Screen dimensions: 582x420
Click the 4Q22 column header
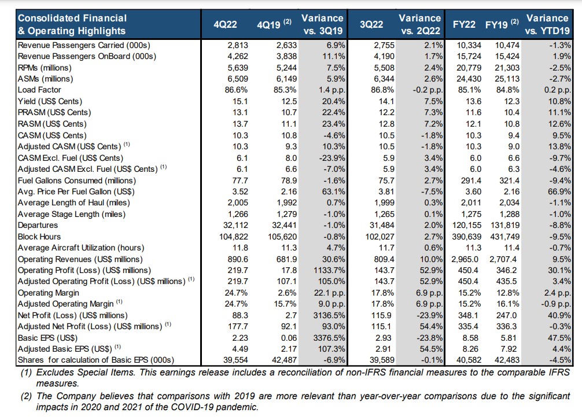225,24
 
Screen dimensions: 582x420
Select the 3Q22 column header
371,24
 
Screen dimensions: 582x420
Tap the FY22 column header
464,24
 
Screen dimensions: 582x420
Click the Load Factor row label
39,90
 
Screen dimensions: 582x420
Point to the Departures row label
38,225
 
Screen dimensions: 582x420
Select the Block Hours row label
39,237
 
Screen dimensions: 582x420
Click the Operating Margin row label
48,293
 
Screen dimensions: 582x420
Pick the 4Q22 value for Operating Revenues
238,259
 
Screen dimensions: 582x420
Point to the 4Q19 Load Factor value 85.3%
285,90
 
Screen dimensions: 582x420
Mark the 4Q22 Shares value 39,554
235,360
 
